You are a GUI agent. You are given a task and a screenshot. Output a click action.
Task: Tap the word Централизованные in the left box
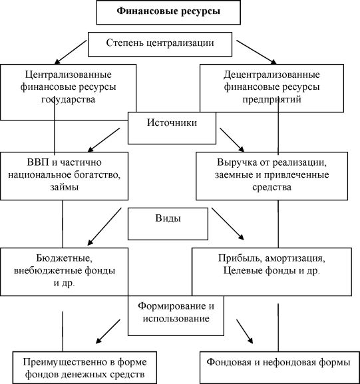(69, 75)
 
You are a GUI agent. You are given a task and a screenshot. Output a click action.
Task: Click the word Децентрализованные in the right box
(271, 75)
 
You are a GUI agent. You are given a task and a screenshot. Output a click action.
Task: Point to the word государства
(68, 100)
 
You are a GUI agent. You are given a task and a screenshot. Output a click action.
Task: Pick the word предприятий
(272, 100)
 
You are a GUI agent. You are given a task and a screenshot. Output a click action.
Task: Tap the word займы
(65, 188)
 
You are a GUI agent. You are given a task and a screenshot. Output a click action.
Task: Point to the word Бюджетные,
(65, 258)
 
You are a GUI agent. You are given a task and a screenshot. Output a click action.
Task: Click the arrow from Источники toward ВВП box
(104, 140)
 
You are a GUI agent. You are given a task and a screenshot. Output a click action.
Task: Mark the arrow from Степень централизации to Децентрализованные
(256, 53)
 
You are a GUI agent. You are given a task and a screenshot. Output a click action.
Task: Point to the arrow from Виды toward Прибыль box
(228, 224)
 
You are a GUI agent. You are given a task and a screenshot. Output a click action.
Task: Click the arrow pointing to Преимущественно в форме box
(108, 331)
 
